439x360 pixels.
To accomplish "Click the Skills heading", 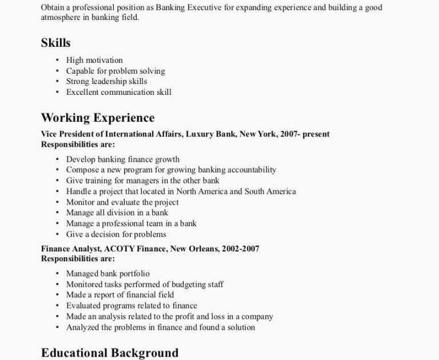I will pyautogui.click(x=55, y=43).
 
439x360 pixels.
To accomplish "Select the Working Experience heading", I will pyautogui.click(x=98, y=118).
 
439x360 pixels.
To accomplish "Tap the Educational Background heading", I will pyautogui.click(x=110, y=353).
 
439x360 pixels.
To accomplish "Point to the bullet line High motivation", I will pyautogui.click(x=94, y=60).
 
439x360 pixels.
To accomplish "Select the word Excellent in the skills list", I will pyautogui.click(x=82, y=92).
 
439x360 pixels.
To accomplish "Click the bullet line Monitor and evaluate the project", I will pyautogui.click(x=122, y=202).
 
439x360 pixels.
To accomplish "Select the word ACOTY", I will pyautogui.click(x=119, y=249).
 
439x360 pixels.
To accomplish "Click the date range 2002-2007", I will pyautogui.click(x=241, y=249).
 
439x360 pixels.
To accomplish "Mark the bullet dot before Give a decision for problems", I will pyautogui.click(x=58, y=234).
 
